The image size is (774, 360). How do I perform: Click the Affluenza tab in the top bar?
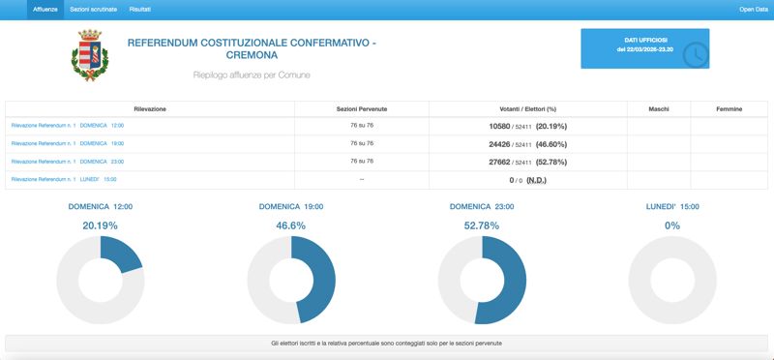click(45, 9)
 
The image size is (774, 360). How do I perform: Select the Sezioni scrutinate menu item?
click(94, 9)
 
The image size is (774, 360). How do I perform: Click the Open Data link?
click(754, 9)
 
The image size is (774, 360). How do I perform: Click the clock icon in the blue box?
click(695, 55)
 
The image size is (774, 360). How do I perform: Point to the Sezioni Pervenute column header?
click(362, 108)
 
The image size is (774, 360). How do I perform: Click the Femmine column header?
click(729, 108)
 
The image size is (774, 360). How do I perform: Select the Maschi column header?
click(658, 108)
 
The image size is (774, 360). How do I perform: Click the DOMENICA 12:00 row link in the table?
click(68, 125)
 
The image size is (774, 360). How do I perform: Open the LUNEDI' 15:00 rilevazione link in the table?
click(64, 179)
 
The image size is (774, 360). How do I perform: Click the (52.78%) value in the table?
click(551, 162)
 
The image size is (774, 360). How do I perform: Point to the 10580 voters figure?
click(499, 125)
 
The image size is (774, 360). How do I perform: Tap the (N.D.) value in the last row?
click(537, 179)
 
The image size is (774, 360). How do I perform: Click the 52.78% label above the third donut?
click(482, 225)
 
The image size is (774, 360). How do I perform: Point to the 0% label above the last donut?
click(672, 225)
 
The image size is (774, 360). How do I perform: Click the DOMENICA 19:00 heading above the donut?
click(291, 206)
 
